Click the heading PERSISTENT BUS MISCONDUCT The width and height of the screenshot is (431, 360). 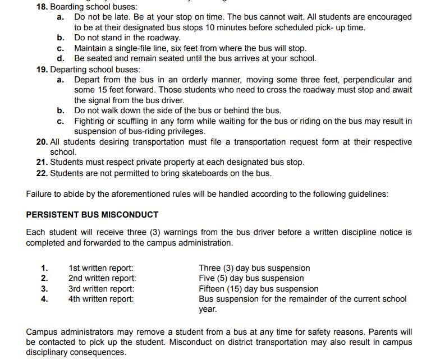pos(92,215)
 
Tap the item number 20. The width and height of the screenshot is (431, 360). pos(42,142)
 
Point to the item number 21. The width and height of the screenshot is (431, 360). pos(42,163)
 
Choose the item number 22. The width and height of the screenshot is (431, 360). pos(42,173)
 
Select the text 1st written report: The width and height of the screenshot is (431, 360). pos(101,268)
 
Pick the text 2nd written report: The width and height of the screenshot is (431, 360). pos(102,278)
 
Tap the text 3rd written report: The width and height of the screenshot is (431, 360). pos(102,289)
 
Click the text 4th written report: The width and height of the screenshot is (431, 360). pos(101,299)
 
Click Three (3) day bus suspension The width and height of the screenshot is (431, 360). pos(254,268)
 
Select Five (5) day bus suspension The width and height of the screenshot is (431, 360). pos(251,278)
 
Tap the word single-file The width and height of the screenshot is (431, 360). pos(130,48)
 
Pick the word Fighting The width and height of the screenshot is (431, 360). pos(91,121)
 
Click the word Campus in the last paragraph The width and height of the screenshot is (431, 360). pos(42,332)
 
